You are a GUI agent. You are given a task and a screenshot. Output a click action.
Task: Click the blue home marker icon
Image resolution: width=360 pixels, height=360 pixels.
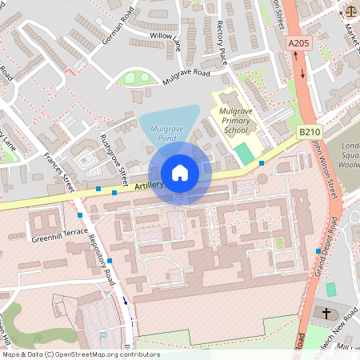180,173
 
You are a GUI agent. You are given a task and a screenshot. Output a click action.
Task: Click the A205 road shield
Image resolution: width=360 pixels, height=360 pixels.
298,43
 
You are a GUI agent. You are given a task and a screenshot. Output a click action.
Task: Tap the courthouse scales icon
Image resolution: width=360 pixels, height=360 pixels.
351,11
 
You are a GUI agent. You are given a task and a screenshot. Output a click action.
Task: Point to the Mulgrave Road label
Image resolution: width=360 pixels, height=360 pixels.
186,73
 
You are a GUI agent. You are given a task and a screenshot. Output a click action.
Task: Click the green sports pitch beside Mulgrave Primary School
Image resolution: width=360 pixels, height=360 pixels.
242,152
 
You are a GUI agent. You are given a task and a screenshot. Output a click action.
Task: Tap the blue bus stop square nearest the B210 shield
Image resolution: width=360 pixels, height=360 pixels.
262,163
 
